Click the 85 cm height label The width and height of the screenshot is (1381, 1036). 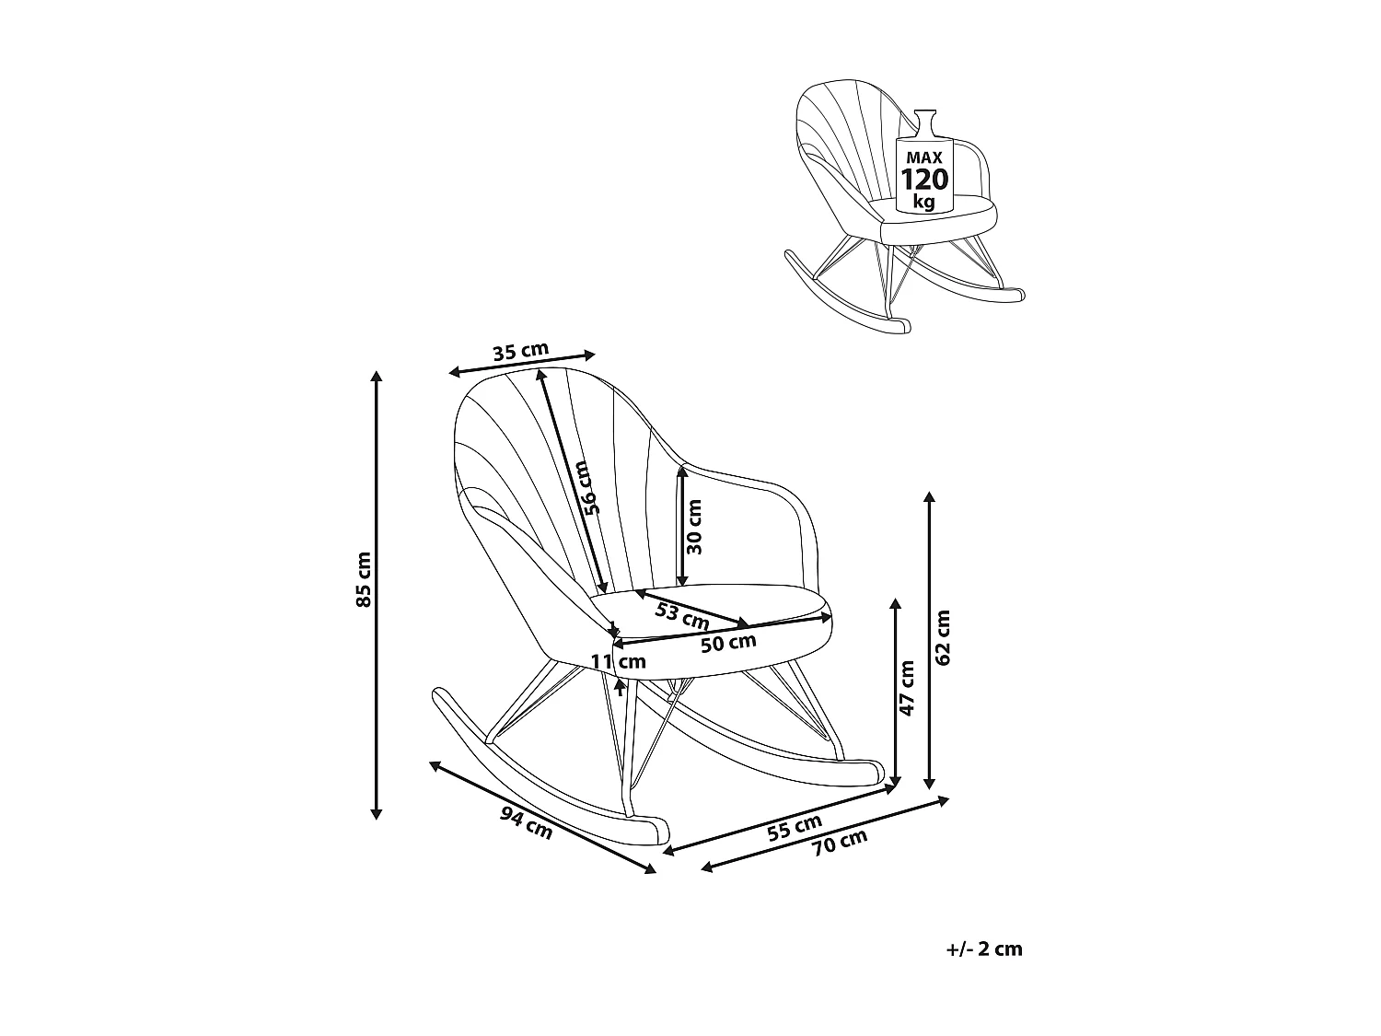click(x=364, y=579)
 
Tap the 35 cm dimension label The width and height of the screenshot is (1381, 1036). click(x=520, y=351)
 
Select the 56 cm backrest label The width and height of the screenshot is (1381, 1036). click(x=589, y=487)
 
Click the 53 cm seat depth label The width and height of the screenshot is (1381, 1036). click(x=681, y=614)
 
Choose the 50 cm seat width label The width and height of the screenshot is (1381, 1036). click(x=727, y=641)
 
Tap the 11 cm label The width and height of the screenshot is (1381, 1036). click(x=619, y=661)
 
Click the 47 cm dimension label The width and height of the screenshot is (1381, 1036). click(x=908, y=688)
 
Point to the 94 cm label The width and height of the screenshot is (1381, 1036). click(x=527, y=821)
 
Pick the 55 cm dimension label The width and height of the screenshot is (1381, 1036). click(x=795, y=827)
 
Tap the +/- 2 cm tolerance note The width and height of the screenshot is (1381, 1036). click(x=983, y=949)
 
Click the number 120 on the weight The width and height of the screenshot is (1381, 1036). click(x=923, y=180)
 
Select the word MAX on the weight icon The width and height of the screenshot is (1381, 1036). click(x=923, y=157)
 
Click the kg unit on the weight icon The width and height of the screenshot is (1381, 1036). click(x=923, y=202)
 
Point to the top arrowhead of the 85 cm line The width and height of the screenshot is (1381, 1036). click(x=376, y=375)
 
